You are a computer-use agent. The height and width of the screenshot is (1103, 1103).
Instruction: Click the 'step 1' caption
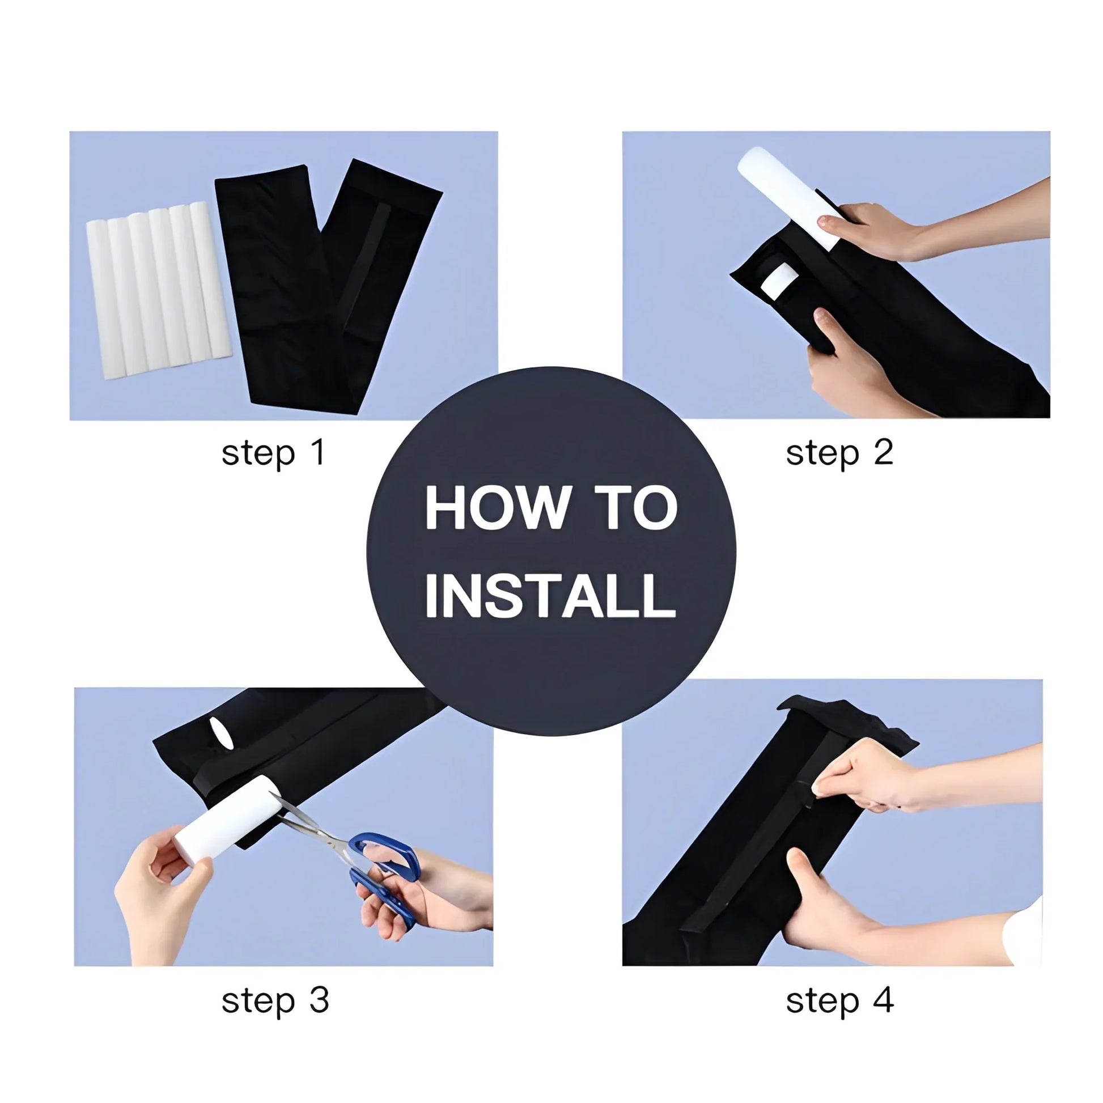tap(273, 454)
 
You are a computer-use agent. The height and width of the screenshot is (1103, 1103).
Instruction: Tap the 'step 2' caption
tap(839, 454)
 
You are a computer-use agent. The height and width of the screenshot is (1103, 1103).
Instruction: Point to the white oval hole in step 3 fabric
tap(222, 733)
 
